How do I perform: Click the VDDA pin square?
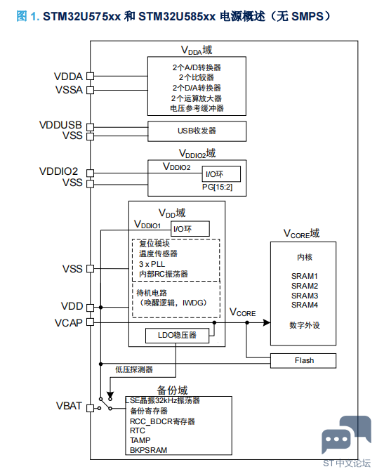90,76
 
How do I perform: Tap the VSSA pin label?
69,90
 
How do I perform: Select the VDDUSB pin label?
61,125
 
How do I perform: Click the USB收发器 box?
197,131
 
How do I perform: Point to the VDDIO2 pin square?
90,173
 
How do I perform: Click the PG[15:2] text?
217,187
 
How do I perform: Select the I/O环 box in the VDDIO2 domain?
221,174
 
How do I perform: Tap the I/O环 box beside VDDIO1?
190,229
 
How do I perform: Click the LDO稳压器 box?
177,336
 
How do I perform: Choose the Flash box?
303,361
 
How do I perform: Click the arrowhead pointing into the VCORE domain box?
267,322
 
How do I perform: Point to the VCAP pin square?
90,322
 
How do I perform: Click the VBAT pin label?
69,406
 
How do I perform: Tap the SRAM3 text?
305,296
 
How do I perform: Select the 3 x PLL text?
152,264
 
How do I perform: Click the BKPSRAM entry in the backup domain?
148,450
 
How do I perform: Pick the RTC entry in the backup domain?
138,430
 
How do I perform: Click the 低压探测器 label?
134,369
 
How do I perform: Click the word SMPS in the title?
307,16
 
